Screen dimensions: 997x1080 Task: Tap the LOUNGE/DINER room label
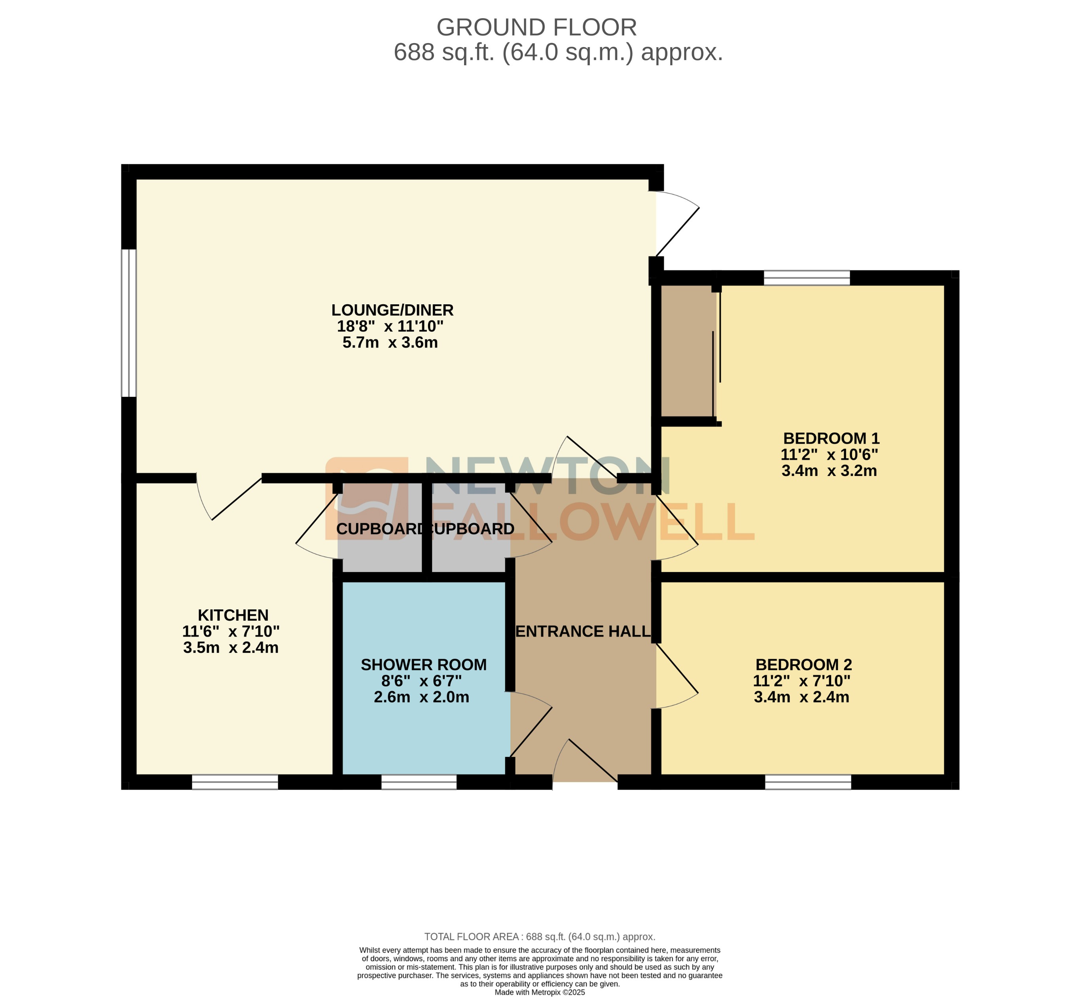click(392, 310)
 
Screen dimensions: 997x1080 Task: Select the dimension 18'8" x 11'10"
click(390, 326)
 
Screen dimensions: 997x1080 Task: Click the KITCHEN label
click(233, 615)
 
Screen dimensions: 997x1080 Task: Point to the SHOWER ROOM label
click(423, 665)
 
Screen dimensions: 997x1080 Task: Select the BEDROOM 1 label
click(831, 438)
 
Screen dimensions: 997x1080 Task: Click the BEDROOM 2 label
click(803, 665)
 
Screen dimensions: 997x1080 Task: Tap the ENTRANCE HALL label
click(583, 631)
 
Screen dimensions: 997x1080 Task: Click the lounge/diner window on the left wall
click(129, 322)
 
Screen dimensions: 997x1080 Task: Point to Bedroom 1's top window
click(807, 278)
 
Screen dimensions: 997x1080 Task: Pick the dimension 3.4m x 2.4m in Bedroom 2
click(801, 697)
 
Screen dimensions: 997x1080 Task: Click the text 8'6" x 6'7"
click(421, 681)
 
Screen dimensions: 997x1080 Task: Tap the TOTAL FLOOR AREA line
click(540, 937)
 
